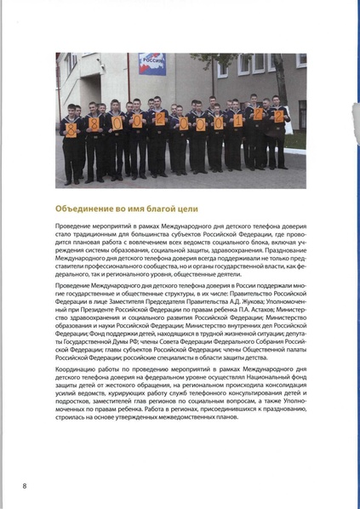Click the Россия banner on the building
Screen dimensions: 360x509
[152, 64]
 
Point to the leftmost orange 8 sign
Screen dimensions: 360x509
[71, 124]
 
